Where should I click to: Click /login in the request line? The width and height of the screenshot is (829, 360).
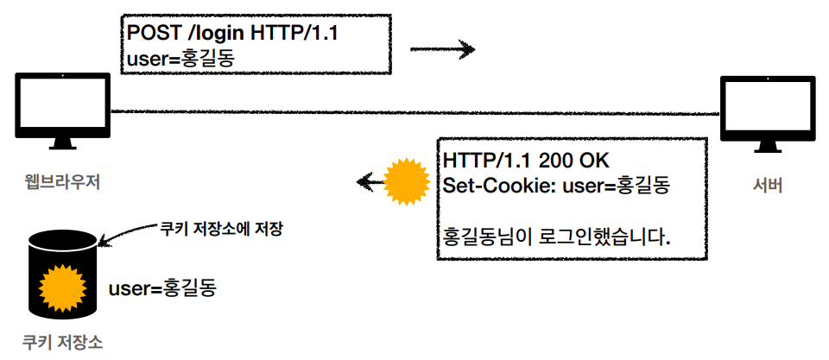(215, 34)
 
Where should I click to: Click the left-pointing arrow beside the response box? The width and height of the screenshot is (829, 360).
(370, 181)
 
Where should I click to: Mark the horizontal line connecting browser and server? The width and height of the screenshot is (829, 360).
(414, 112)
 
